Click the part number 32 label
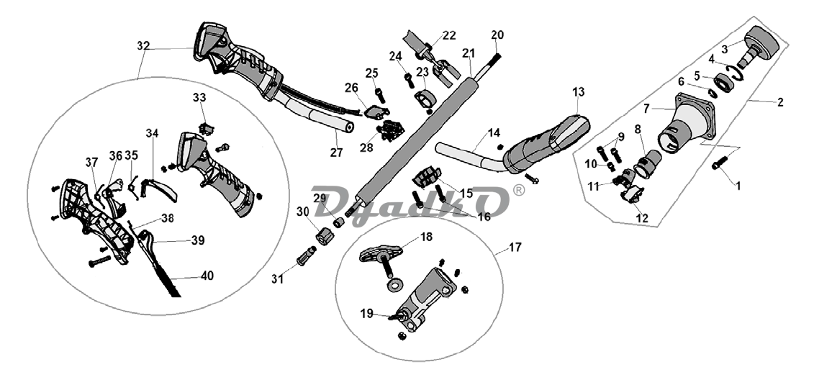(x=143, y=46)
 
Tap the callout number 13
(x=579, y=92)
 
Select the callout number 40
(x=207, y=276)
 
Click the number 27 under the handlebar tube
(x=336, y=153)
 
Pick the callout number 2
(x=780, y=102)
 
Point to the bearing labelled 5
(x=723, y=83)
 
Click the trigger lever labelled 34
(x=160, y=189)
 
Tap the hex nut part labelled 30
(x=325, y=236)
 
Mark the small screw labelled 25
(x=380, y=96)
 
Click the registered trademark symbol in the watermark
(x=518, y=191)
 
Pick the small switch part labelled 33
(x=206, y=128)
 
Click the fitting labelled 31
(x=306, y=255)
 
